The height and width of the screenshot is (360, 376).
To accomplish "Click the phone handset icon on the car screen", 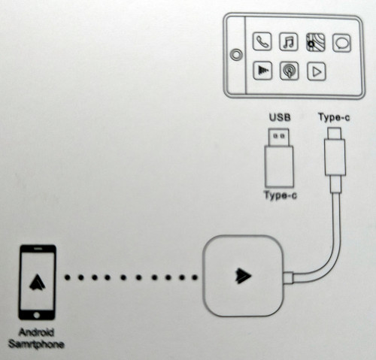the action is tap(262, 41).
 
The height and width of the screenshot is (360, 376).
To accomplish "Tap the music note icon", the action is tap(289, 42).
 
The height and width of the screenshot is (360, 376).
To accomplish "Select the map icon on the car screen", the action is tap(316, 43).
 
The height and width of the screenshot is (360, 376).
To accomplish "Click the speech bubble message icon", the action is tap(341, 43).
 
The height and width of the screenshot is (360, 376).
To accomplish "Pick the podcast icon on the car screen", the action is tap(290, 71).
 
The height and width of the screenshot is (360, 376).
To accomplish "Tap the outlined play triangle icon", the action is tap(317, 71).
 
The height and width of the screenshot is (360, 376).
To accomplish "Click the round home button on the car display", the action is tap(236, 54).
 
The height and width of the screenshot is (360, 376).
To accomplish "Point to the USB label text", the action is tap(280, 117).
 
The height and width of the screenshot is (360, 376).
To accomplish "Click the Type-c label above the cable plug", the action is tap(334, 117).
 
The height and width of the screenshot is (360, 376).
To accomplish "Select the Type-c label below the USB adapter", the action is tap(280, 195).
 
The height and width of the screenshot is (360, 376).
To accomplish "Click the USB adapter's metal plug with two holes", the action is tap(279, 137).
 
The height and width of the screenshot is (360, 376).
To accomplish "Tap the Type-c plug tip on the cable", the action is tap(335, 134).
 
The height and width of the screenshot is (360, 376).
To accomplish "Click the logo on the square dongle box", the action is tap(243, 276).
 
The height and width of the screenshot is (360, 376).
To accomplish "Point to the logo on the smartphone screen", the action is tap(38, 282).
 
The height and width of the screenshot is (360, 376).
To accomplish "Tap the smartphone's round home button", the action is tap(37, 315).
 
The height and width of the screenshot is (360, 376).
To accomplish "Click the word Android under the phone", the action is tap(36, 332).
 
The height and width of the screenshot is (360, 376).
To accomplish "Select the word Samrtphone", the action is tap(36, 344).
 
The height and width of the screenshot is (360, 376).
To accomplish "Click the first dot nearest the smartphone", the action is tap(67, 277).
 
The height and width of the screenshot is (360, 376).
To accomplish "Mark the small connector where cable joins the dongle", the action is tap(288, 277).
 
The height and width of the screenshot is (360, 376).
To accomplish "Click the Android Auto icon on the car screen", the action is tap(262, 71).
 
